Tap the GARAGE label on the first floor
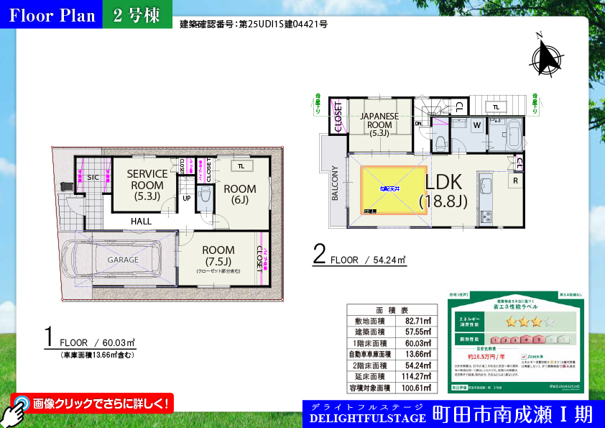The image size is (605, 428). [123, 259]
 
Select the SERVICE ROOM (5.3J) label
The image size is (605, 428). [147, 185]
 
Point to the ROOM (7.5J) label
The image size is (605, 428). [218, 255]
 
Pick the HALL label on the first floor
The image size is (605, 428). [141, 222]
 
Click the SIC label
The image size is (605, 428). [93, 178]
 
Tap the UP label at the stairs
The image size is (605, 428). [186, 198]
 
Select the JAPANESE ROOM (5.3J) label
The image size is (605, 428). [380, 124]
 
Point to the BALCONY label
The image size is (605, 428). [334, 184]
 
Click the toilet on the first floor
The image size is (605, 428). [203, 196]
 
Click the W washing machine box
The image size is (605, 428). [477, 126]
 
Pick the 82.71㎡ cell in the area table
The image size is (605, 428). [417, 321]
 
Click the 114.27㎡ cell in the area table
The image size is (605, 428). [417, 376]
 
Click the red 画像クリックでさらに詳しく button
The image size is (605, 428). [93, 404]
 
